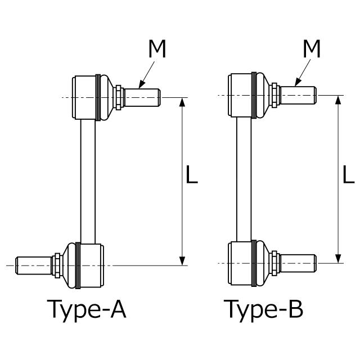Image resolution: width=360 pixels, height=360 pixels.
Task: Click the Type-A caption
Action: (87, 310)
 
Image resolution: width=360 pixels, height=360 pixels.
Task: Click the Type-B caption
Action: (263, 310)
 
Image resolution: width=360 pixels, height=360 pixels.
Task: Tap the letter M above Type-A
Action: (157, 49)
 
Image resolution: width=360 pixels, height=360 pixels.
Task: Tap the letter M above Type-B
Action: (312, 49)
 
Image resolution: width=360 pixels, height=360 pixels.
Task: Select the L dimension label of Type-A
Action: (191, 174)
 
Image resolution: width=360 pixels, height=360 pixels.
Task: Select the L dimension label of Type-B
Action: (348, 174)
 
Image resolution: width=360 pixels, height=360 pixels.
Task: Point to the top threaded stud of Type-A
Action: (142, 97)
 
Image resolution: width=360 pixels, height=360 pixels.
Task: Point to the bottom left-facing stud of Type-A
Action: (34, 265)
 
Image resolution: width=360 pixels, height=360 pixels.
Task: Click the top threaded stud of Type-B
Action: (298, 95)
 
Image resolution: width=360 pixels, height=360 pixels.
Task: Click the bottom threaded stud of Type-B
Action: (298, 263)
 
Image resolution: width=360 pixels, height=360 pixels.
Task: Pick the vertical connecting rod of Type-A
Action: (88, 182)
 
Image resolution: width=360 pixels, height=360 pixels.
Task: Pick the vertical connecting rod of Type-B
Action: (244, 179)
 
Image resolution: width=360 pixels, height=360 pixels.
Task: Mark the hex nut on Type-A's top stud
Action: (119, 97)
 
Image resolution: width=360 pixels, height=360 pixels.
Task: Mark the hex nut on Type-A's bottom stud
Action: (57, 265)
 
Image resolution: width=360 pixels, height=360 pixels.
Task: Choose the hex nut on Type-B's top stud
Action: (274, 95)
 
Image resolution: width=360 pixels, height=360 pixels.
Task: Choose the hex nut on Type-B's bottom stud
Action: (274, 263)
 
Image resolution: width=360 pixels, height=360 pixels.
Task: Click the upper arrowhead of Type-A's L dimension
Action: (182, 102)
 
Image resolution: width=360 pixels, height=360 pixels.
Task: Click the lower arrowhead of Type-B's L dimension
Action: (338, 259)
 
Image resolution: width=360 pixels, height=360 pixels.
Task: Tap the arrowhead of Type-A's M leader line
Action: (142, 85)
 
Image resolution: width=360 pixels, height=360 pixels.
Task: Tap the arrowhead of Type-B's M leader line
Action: (298, 83)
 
